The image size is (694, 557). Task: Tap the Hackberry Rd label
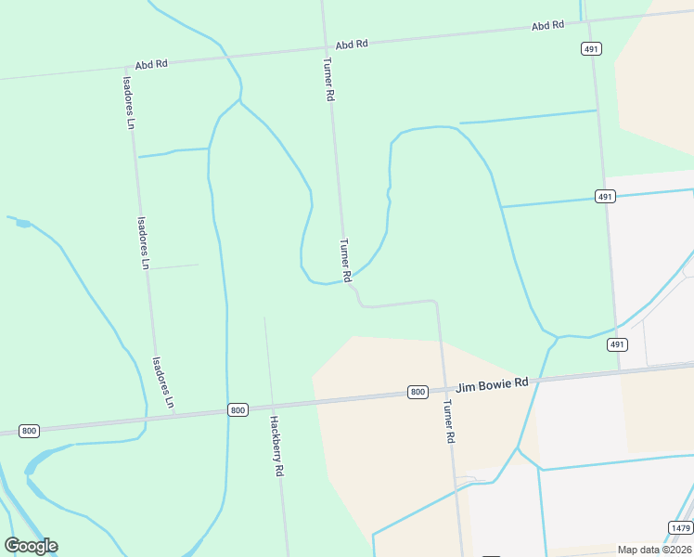pyautogui.click(x=276, y=445)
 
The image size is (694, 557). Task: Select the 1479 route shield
pyautogui.click(x=680, y=527)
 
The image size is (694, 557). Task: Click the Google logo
pyautogui.click(x=31, y=546)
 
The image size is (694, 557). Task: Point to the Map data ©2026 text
pyautogui.click(x=654, y=550)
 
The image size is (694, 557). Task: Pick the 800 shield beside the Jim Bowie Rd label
pyautogui.click(x=418, y=392)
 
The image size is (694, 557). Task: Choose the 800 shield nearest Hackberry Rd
pyautogui.click(x=238, y=409)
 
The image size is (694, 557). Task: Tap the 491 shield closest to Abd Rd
pyautogui.click(x=590, y=48)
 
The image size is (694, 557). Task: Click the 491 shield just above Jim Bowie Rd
pyautogui.click(x=617, y=344)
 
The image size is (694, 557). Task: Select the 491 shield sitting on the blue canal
pyautogui.click(x=604, y=197)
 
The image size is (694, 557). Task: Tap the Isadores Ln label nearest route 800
pyautogui.click(x=162, y=382)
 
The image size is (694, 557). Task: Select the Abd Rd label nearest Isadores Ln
pyautogui.click(x=150, y=65)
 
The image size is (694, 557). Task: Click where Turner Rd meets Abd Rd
pyautogui.click(x=324, y=46)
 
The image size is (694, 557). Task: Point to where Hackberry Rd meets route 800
pyautogui.click(x=270, y=407)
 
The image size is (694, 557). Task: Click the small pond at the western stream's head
pyautogui.click(x=22, y=224)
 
